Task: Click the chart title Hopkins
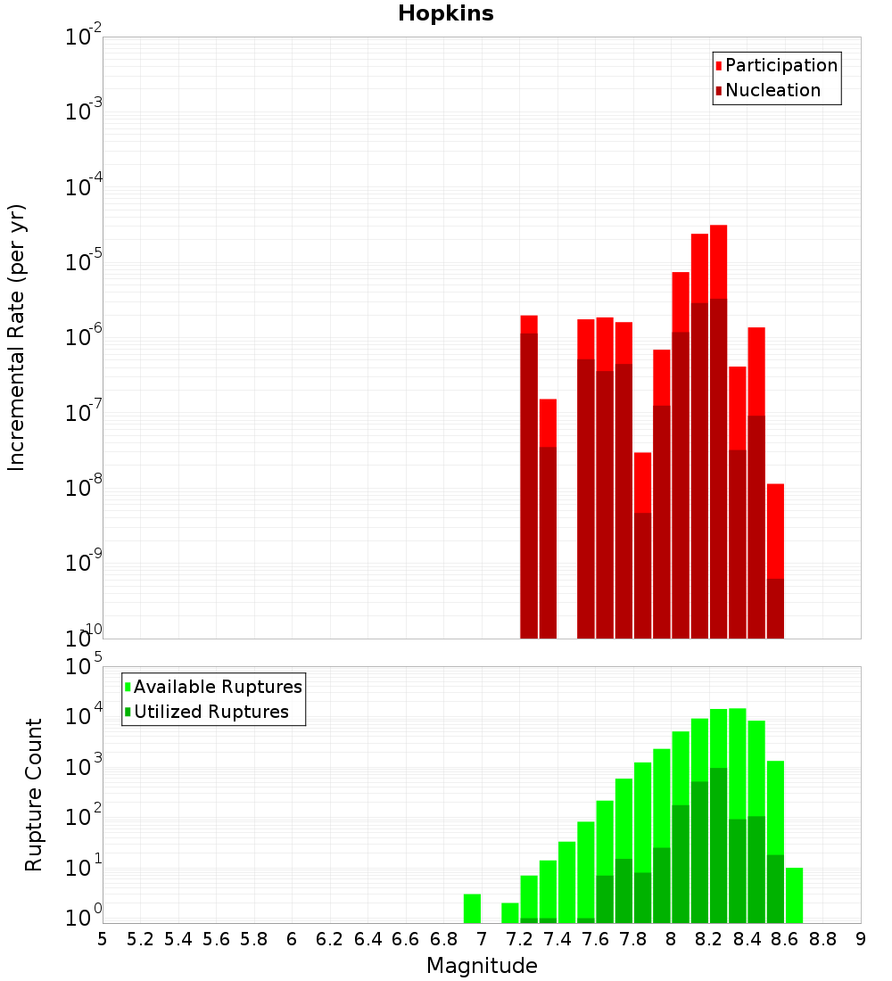coord(445,13)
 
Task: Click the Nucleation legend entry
coord(772,90)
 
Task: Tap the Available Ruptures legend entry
coord(218,687)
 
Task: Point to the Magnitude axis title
coord(482,966)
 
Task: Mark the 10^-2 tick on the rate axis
coord(83,37)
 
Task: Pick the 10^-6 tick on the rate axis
coord(83,338)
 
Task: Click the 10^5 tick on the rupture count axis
coord(83,666)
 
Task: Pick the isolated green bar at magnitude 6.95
coord(472,909)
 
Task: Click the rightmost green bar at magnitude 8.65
coord(794,895)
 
